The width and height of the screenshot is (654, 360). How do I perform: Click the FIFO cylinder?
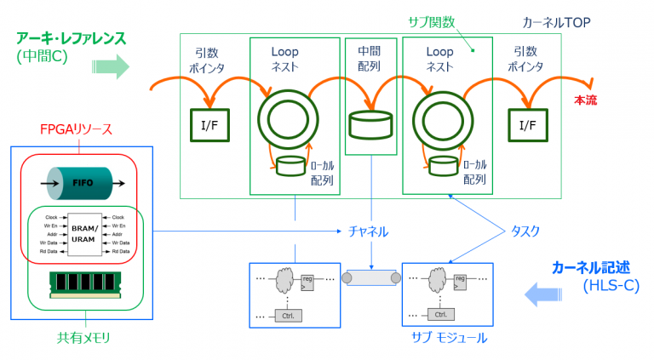point(82,181)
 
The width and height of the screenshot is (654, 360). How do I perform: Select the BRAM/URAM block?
point(83,234)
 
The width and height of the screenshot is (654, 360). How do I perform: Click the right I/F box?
point(527,125)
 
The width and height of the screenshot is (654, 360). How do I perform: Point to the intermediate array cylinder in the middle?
point(370,124)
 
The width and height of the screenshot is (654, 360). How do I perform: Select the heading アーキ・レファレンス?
point(71,38)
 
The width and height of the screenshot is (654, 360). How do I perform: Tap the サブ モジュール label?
point(449,338)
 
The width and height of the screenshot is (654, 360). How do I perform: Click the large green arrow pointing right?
point(108,66)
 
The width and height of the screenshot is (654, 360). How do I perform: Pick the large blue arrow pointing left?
point(542,295)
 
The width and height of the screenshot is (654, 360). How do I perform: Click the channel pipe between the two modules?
point(370,277)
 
